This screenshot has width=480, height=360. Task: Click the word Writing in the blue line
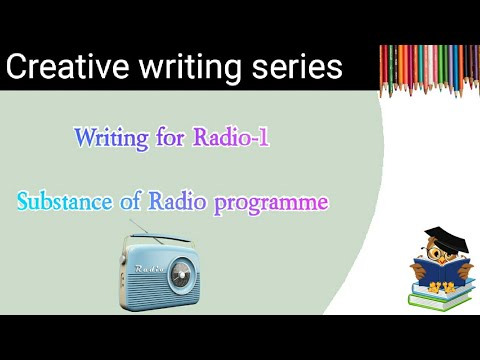tap(114, 138)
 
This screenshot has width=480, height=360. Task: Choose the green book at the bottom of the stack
tap(435, 299)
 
